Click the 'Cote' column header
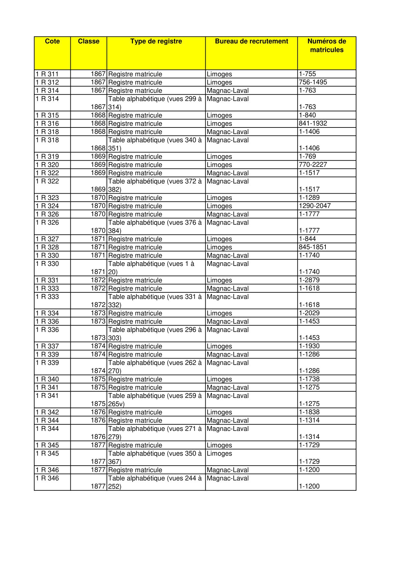(52, 41)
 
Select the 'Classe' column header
(88, 41)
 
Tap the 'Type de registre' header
(156, 41)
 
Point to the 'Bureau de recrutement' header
(251, 41)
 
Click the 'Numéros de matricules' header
(326, 45)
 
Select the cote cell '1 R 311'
(47, 74)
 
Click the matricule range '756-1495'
(313, 82)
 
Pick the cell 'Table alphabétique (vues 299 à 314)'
(155, 103)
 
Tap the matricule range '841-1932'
(313, 124)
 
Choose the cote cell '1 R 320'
(47, 165)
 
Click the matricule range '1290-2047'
(314, 206)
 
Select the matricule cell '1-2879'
(309, 280)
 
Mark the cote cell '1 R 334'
(47, 313)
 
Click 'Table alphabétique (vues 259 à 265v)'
(155, 400)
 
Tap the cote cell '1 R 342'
(47, 412)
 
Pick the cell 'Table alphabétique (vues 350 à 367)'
(155, 458)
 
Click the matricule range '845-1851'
(313, 247)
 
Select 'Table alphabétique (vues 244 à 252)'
(155, 482)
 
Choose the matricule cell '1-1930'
(309, 346)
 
